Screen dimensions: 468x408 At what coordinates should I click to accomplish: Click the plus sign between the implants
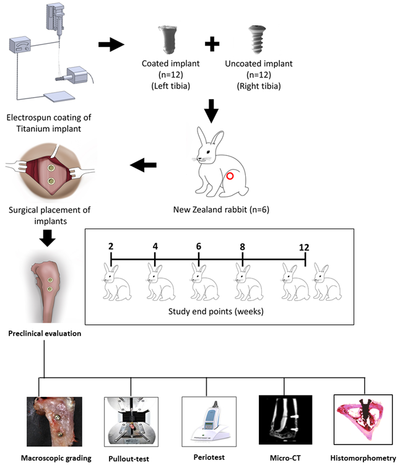[x=212, y=44]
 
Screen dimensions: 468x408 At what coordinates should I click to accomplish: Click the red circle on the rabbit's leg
[x=230, y=176]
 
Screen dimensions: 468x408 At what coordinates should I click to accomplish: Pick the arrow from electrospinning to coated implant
[x=111, y=45]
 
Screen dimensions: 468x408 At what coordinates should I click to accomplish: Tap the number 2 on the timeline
[x=111, y=246]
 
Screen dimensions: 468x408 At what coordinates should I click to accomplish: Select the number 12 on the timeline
[x=303, y=246]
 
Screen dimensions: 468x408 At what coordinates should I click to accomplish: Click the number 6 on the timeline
[x=199, y=246]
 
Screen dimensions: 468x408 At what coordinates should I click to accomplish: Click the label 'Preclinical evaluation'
[x=45, y=333]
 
